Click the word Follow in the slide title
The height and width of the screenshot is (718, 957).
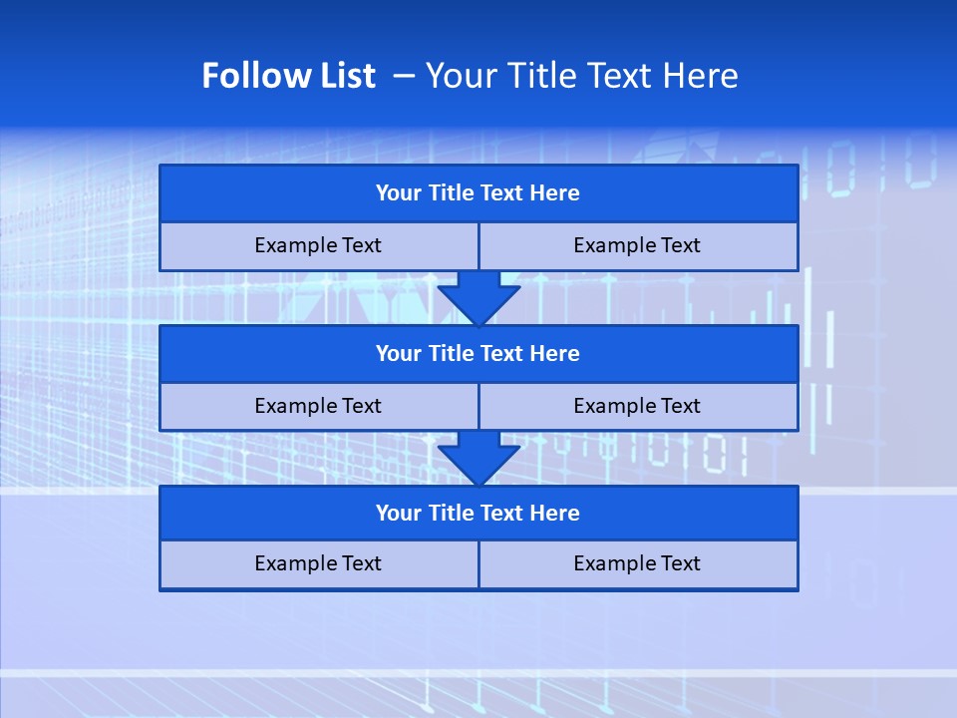click(245, 76)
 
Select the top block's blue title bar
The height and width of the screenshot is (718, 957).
click(478, 193)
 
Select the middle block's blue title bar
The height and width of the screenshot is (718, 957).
click(478, 353)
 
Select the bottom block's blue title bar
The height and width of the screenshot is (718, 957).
click(478, 513)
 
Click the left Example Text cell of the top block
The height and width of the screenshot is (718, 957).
click(318, 245)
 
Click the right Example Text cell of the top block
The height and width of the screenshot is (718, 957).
click(637, 245)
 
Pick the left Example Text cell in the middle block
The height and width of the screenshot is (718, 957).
click(318, 406)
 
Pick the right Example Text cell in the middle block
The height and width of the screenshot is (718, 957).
click(637, 406)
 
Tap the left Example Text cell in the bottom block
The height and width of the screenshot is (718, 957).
click(318, 563)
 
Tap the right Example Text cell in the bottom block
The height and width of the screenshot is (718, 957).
click(637, 563)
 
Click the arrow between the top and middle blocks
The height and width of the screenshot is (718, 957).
click(478, 297)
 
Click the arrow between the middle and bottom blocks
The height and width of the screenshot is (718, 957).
click(478, 458)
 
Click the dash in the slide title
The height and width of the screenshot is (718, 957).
click(404, 76)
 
